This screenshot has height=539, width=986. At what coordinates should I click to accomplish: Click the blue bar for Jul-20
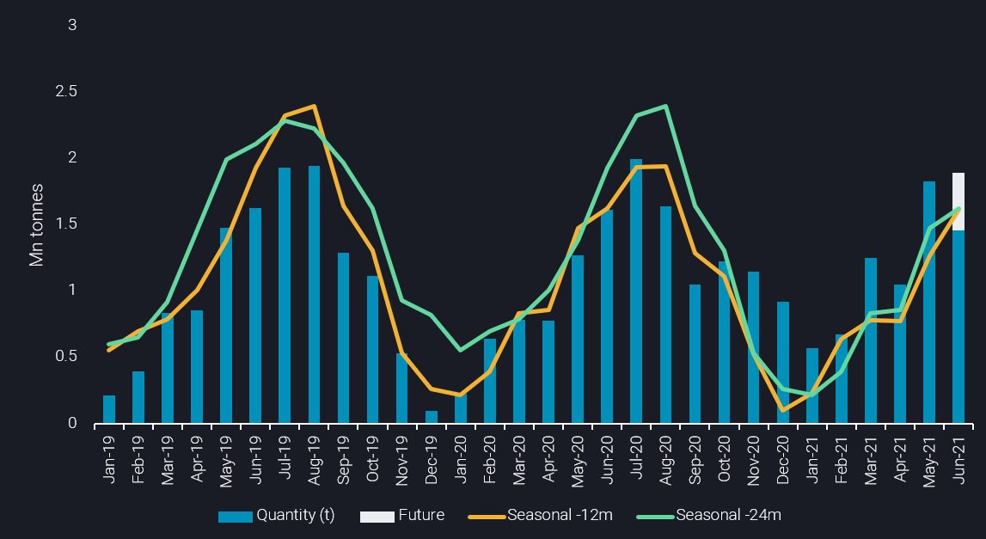[x=636, y=292]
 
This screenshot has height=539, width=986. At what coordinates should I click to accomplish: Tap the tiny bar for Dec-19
[x=431, y=417]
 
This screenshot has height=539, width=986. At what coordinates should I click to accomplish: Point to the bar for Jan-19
[x=109, y=409]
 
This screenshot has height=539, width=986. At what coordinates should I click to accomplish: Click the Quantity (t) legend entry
[x=276, y=516]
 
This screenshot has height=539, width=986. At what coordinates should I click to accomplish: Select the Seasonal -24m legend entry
[x=708, y=516]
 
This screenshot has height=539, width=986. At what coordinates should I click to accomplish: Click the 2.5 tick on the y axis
[x=67, y=92]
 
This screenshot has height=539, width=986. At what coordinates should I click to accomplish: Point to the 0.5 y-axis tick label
[x=67, y=357]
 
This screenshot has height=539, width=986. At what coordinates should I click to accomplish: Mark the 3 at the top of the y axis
[x=73, y=26]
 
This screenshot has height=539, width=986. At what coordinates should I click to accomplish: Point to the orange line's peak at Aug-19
[x=315, y=107]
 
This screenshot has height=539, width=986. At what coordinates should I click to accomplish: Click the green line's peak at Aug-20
[x=665, y=107]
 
